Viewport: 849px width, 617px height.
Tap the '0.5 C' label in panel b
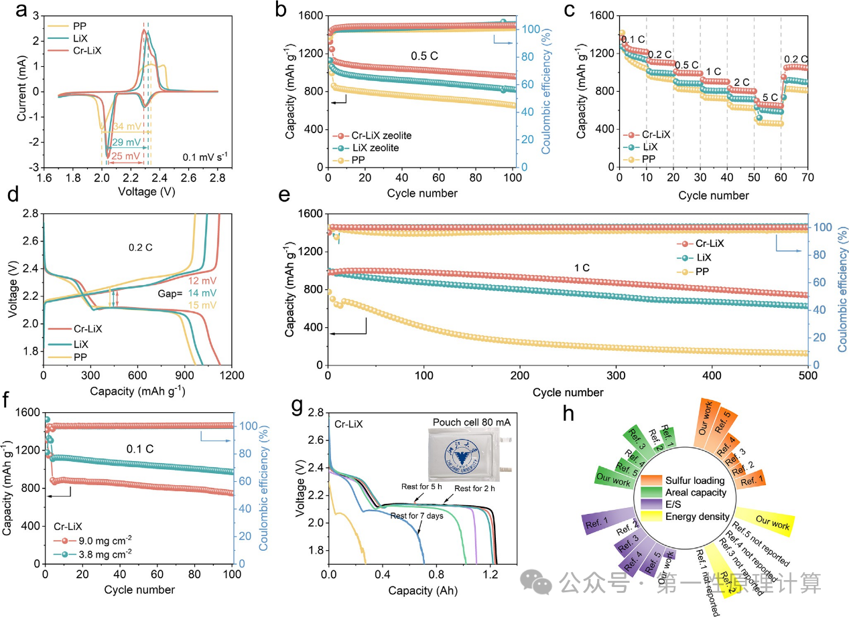(x=424, y=56)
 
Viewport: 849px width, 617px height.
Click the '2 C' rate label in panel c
(x=742, y=82)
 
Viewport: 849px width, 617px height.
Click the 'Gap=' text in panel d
(x=166, y=292)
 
